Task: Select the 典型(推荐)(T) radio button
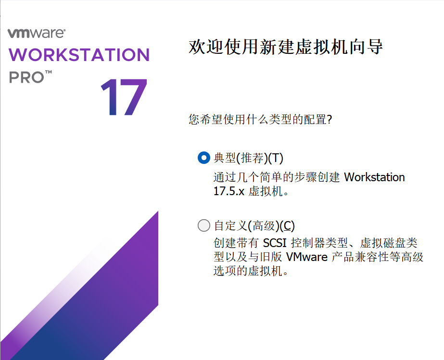coord(204,158)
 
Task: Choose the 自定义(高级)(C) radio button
coord(204,225)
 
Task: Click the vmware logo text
coord(37,33)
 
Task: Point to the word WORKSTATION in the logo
coord(79,55)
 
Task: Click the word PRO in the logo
coord(25,77)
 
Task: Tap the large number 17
coord(124,98)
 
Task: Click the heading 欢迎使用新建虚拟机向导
coord(286,47)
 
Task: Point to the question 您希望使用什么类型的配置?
coord(260,119)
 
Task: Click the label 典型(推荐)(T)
coord(249,158)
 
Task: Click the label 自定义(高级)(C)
coord(254,225)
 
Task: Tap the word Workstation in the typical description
coord(375,177)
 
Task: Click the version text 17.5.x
coord(229,191)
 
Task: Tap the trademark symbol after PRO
coord(49,73)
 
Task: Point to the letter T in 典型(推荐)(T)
coord(278,158)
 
